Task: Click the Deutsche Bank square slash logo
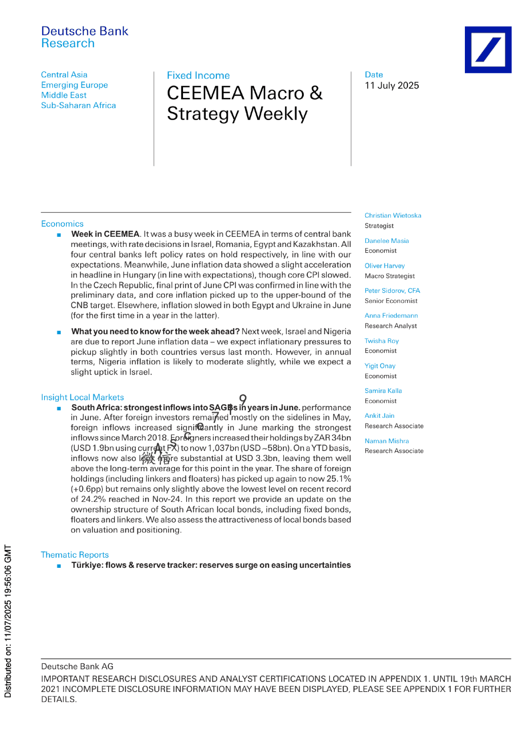[488, 49]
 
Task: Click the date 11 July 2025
[391, 85]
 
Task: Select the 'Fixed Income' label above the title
[198, 75]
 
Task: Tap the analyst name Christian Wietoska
[392, 215]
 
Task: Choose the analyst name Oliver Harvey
[384, 266]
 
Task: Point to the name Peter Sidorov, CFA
[392, 291]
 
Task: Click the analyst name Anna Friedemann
[391, 315]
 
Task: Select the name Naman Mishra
[387, 441]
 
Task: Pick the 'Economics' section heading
[62, 224]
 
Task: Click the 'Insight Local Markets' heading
[82, 397]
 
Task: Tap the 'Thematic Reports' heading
[75, 555]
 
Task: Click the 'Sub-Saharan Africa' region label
[78, 105]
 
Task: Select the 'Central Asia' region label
[64, 75]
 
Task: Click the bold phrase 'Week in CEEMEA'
[105, 234]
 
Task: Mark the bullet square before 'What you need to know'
[59, 332]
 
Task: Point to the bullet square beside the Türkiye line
[59, 566]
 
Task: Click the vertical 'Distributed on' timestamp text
[8, 621]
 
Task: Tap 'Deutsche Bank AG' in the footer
[77, 667]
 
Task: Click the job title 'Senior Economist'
[391, 301]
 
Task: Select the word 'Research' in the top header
[68, 43]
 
